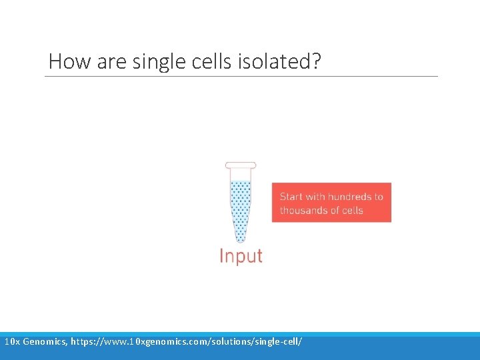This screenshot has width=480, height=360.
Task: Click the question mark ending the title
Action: pyautogui.click(x=315, y=62)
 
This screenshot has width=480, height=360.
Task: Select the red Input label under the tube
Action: pyautogui.click(x=241, y=256)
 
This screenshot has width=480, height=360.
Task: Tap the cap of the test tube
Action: pyautogui.click(x=241, y=165)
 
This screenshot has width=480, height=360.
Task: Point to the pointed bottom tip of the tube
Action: pyautogui.click(x=241, y=239)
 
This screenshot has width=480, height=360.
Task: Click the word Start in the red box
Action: pyautogui.click(x=291, y=197)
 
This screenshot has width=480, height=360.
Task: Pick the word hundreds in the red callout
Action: pyautogui.click(x=349, y=197)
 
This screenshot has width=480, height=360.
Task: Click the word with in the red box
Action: pyautogui.click(x=315, y=197)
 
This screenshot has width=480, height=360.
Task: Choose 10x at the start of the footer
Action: pyautogui.click(x=11, y=341)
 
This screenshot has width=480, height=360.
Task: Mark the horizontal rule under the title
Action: pyautogui.click(x=241, y=76)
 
